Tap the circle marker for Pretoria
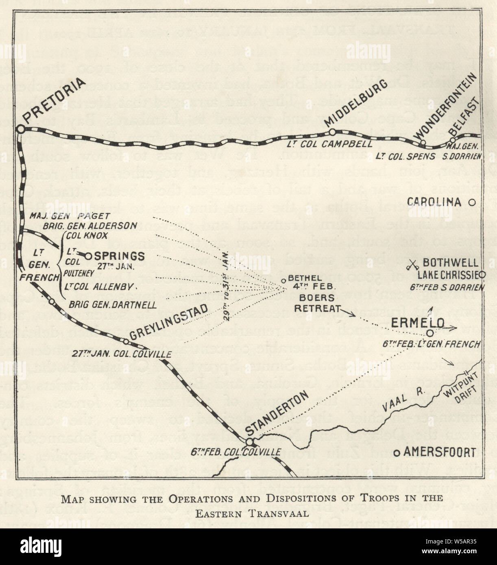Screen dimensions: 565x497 pyautogui.click(x=21, y=129)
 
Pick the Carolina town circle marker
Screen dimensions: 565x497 pyautogui.click(x=472, y=202)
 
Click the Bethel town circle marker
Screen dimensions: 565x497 pyautogui.click(x=284, y=281)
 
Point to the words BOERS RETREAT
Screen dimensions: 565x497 pyautogui.click(x=317, y=302)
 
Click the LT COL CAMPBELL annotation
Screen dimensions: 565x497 pyautogui.click(x=329, y=143)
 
